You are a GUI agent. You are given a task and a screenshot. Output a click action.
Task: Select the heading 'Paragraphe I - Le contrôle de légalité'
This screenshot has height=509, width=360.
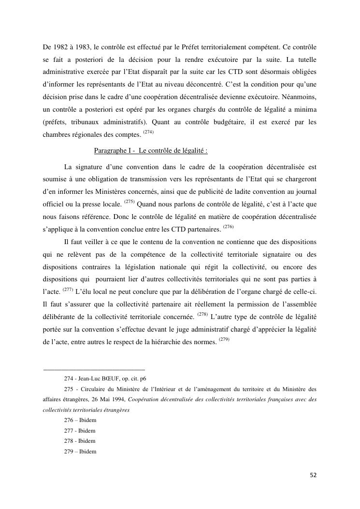point(151,150)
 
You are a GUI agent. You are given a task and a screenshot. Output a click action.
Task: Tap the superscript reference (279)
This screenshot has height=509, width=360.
point(224,339)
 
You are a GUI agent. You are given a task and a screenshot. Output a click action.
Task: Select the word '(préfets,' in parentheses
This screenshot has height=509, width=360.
point(57,123)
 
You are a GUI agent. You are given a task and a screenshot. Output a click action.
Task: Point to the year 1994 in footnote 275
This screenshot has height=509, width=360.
point(120,400)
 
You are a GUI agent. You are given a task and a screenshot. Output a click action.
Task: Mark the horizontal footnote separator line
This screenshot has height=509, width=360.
point(94,370)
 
